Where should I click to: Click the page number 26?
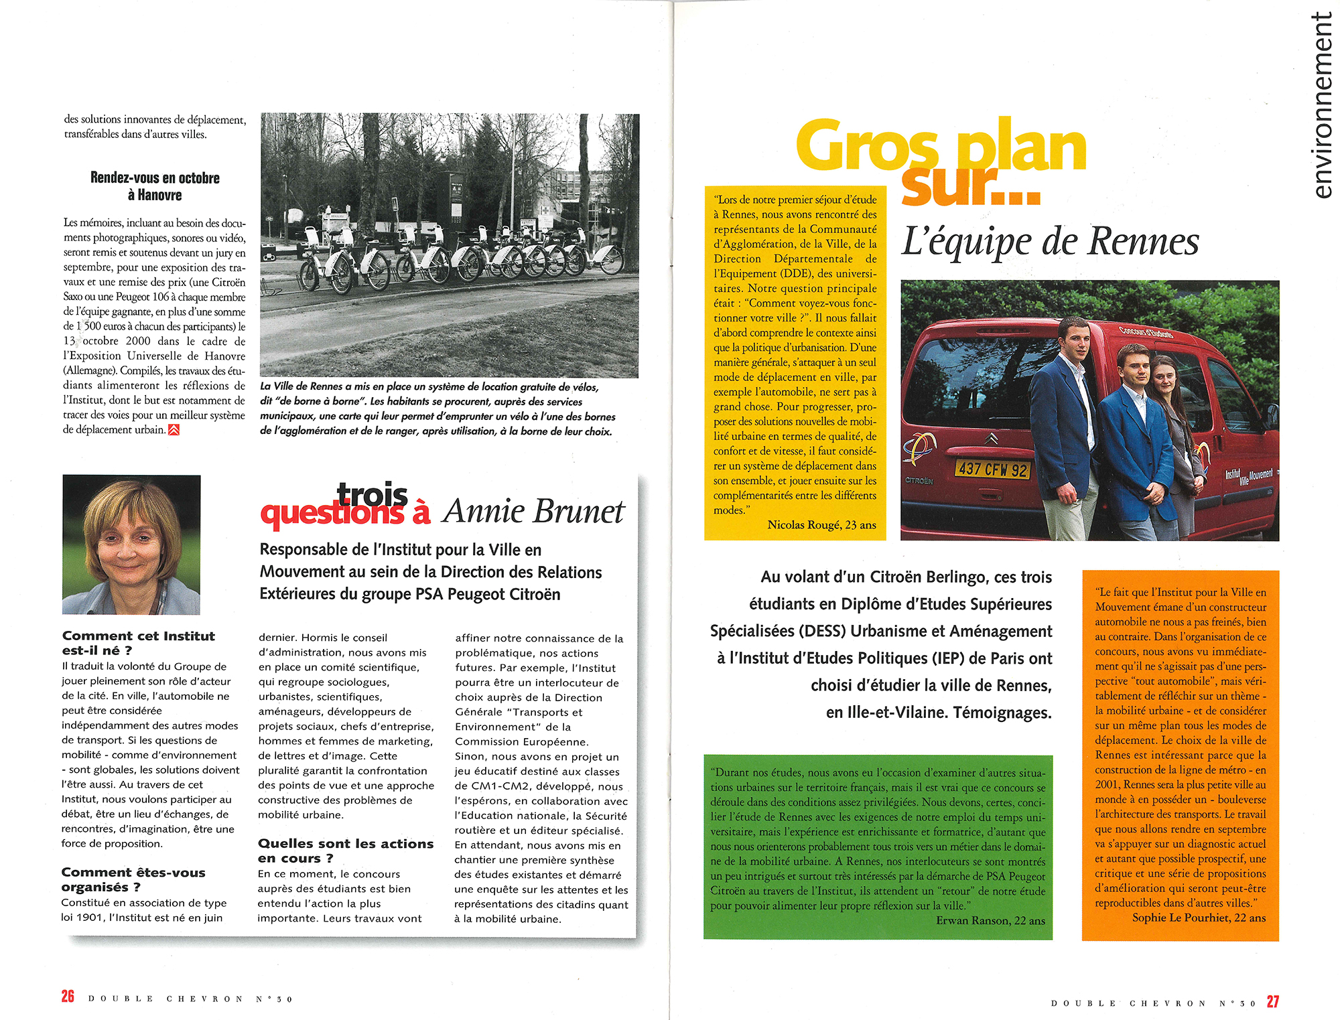coord(68,997)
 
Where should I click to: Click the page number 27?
coord(1272,1001)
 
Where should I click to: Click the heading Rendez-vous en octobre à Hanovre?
coord(155,186)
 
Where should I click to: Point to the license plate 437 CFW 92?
coord(992,469)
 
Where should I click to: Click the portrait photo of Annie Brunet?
coord(131,544)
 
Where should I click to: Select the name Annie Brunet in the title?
coord(533,512)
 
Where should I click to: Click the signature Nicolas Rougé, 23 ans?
coord(821,525)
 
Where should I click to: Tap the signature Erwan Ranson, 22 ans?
coord(990,920)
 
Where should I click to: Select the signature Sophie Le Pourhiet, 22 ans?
coord(1199,918)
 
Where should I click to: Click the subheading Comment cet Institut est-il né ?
coord(138,643)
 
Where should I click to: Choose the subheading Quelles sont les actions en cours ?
coord(345,851)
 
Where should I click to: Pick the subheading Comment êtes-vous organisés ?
coord(133,879)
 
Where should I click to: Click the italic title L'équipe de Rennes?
coord(1050,242)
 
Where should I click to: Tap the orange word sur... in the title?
coord(970,186)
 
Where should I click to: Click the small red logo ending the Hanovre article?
coord(174,430)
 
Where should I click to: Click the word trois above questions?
coord(373,495)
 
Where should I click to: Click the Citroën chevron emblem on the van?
coord(992,439)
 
